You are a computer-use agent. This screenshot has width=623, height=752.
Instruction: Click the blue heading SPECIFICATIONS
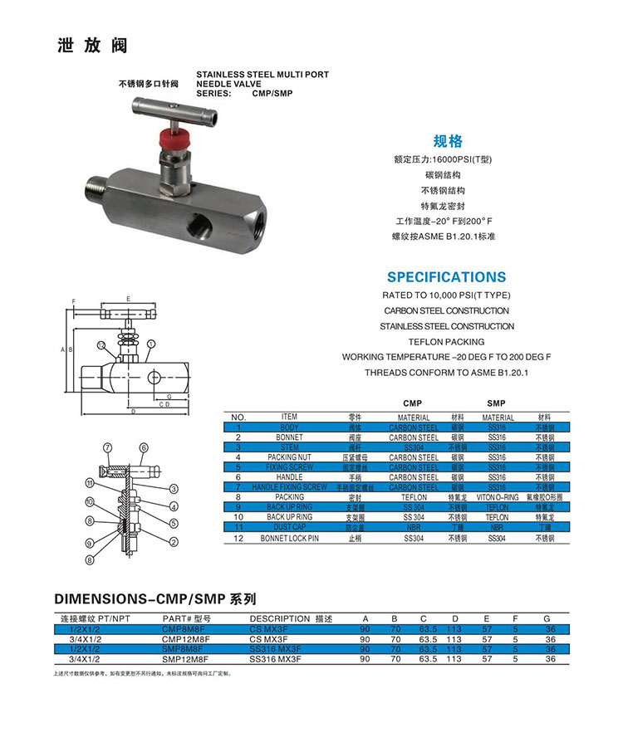pos(445,277)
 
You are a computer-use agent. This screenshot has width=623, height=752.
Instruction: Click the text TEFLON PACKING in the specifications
pos(446,341)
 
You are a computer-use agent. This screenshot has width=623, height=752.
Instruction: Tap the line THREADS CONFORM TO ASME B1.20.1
pos(446,373)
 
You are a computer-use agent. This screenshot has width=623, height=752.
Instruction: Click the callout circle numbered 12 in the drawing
pos(101,344)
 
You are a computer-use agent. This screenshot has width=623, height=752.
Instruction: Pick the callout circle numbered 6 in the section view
pos(144,448)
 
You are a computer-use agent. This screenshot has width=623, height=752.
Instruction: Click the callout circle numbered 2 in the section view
pos(174,542)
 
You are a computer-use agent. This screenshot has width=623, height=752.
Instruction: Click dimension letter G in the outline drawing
pos(168,397)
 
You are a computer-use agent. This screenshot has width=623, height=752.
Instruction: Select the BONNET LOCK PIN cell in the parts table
pos(289,538)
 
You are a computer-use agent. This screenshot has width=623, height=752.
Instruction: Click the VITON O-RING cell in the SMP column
pos(498,497)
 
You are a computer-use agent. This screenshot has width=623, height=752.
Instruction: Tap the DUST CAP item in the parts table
pos(289,527)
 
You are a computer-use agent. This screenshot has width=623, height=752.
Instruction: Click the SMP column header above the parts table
pos(497,402)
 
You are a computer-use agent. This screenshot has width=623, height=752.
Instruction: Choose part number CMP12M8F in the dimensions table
pos(186,639)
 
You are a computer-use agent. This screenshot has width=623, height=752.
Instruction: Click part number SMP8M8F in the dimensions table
pos(186,649)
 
